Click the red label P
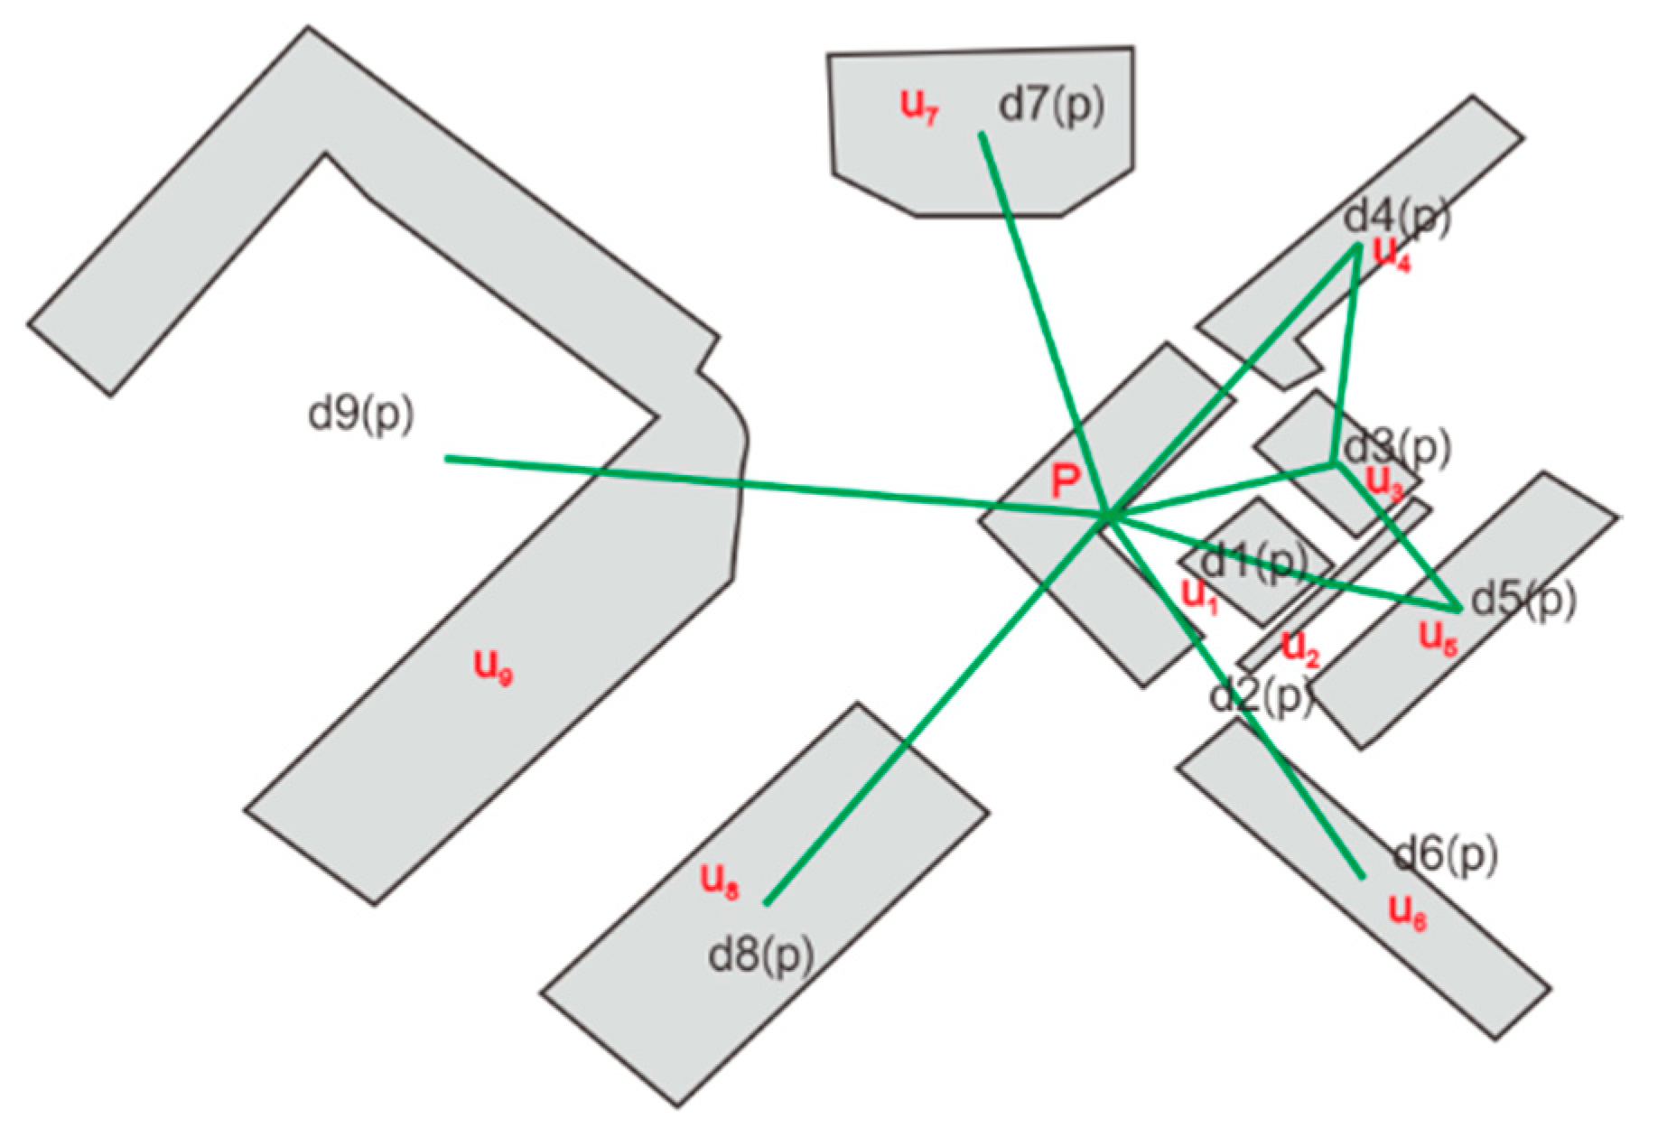tap(1066, 484)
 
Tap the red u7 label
tap(920, 107)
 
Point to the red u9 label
tap(493, 667)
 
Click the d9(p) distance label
tap(360, 415)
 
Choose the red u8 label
tap(720, 881)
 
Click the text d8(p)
tap(760, 956)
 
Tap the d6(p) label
tap(1446, 853)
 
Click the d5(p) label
tap(1523, 599)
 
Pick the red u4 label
tap(1392, 254)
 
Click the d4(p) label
tap(1396, 217)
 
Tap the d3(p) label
tap(1396, 447)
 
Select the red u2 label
tap(1301, 647)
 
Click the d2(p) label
tap(1261, 696)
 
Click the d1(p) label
tap(1255, 562)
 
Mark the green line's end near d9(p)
tap(447, 459)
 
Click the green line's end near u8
tap(766, 903)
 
